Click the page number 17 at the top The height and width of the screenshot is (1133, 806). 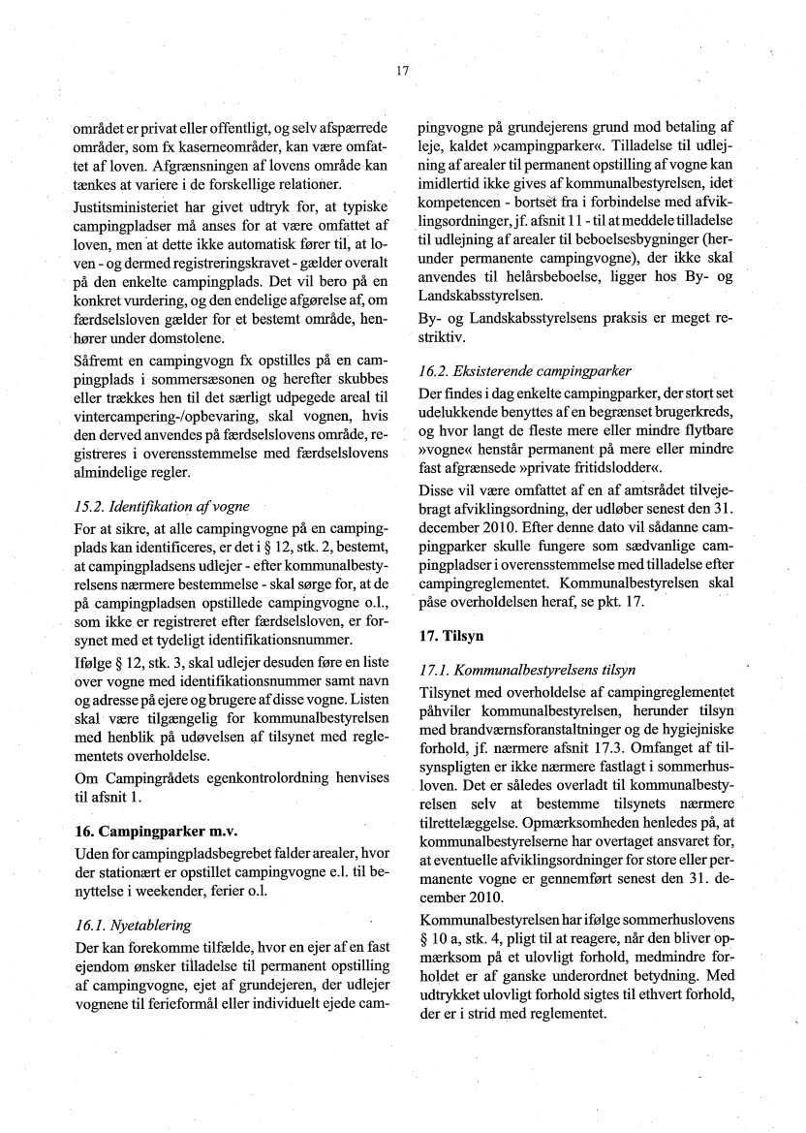tap(403, 70)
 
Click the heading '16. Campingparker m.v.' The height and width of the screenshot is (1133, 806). tap(156, 832)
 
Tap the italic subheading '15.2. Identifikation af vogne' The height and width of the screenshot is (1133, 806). tap(162, 506)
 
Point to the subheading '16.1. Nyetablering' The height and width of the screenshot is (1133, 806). tap(133, 925)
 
